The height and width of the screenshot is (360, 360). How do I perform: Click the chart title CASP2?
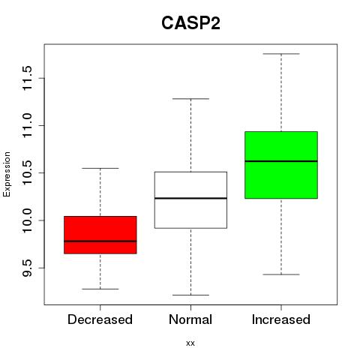pyautogui.click(x=190, y=23)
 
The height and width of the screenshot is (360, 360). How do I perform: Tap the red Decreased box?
pyautogui.click(x=100, y=235)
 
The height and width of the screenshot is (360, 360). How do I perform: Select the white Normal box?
pyautogui.click(x=190, y=200)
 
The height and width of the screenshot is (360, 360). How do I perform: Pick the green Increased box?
pyautogui.click(x=281, y=165)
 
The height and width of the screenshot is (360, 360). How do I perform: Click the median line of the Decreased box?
pyautogui.click(x=100, y=241)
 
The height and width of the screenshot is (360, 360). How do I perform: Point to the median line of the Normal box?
pyautogui.click(x=190, y=198)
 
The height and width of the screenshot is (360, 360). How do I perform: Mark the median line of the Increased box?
pyautogui.click(x=281, y=161)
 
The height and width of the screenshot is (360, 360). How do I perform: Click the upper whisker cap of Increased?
pyautogui.click(x=281, y=54)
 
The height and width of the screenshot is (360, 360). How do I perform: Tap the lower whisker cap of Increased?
pyautogui.click(x=281, y=274)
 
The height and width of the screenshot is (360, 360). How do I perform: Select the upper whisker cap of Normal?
pyautogui.click(x=190, y=99)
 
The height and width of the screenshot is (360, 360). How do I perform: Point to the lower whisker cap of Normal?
pyautogui.click(x=190, y=295)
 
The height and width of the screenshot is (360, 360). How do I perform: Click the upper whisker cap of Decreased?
pyautogui.click(x=100, y=168)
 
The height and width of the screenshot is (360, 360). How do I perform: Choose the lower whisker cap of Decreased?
pyautogui.click(x=100, y=289)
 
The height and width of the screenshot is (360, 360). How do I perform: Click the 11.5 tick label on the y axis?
pyautogui.click(x=27, y=78)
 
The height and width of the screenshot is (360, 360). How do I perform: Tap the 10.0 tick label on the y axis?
pyautogui.click(x=27, y=220)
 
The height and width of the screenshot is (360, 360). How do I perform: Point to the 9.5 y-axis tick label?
pyautogui.click(x=27, y=268)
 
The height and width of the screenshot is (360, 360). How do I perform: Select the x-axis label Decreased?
pyautogui.click(x=100, y=319)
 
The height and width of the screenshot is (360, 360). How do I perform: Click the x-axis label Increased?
pyautogui.click(x=281, y=319)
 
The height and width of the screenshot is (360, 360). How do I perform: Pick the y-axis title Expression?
pyautogui.click(x=7, y=174)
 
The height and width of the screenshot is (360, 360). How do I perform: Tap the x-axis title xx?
pyautogui.click(x=190, y=343)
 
